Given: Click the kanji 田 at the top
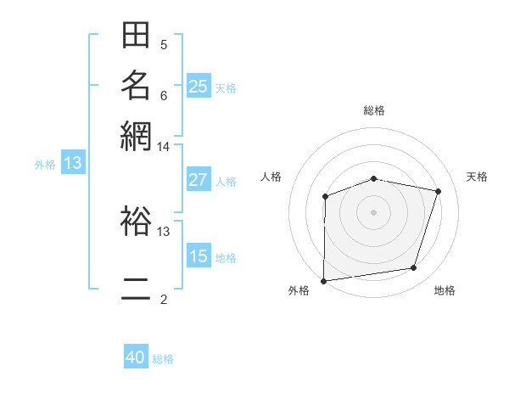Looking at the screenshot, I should click(x=136, y=37).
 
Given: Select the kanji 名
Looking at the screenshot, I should click(x=136, y=86).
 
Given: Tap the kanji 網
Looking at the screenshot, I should click(x=136, y=134).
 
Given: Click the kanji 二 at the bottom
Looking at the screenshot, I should click(x=136, y=289).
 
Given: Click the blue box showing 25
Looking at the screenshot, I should click(x=199, y=86).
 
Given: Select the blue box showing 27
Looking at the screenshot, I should click(x=199, y=180).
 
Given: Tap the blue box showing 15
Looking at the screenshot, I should click(x=199, y=256).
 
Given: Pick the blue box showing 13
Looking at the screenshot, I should click(x=72, y=163).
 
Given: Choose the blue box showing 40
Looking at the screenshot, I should click(x=136, y=357).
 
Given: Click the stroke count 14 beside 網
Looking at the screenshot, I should click(x=163, y=147).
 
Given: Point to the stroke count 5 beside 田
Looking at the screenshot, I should click(x=163, y=44).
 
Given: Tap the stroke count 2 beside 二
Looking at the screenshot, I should click(x=163, y=299).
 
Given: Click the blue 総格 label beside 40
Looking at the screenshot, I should click(x=163, y=359).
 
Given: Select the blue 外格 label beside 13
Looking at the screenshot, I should click(x=45, y=165).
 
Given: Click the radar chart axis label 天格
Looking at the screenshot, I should click(x=477, y=177).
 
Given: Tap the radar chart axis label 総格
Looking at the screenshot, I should click(x=374, y=110).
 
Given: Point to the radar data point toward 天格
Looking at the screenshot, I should click(x=439, y=191).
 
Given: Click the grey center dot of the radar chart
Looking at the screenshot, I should click(x=374, y=211).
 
